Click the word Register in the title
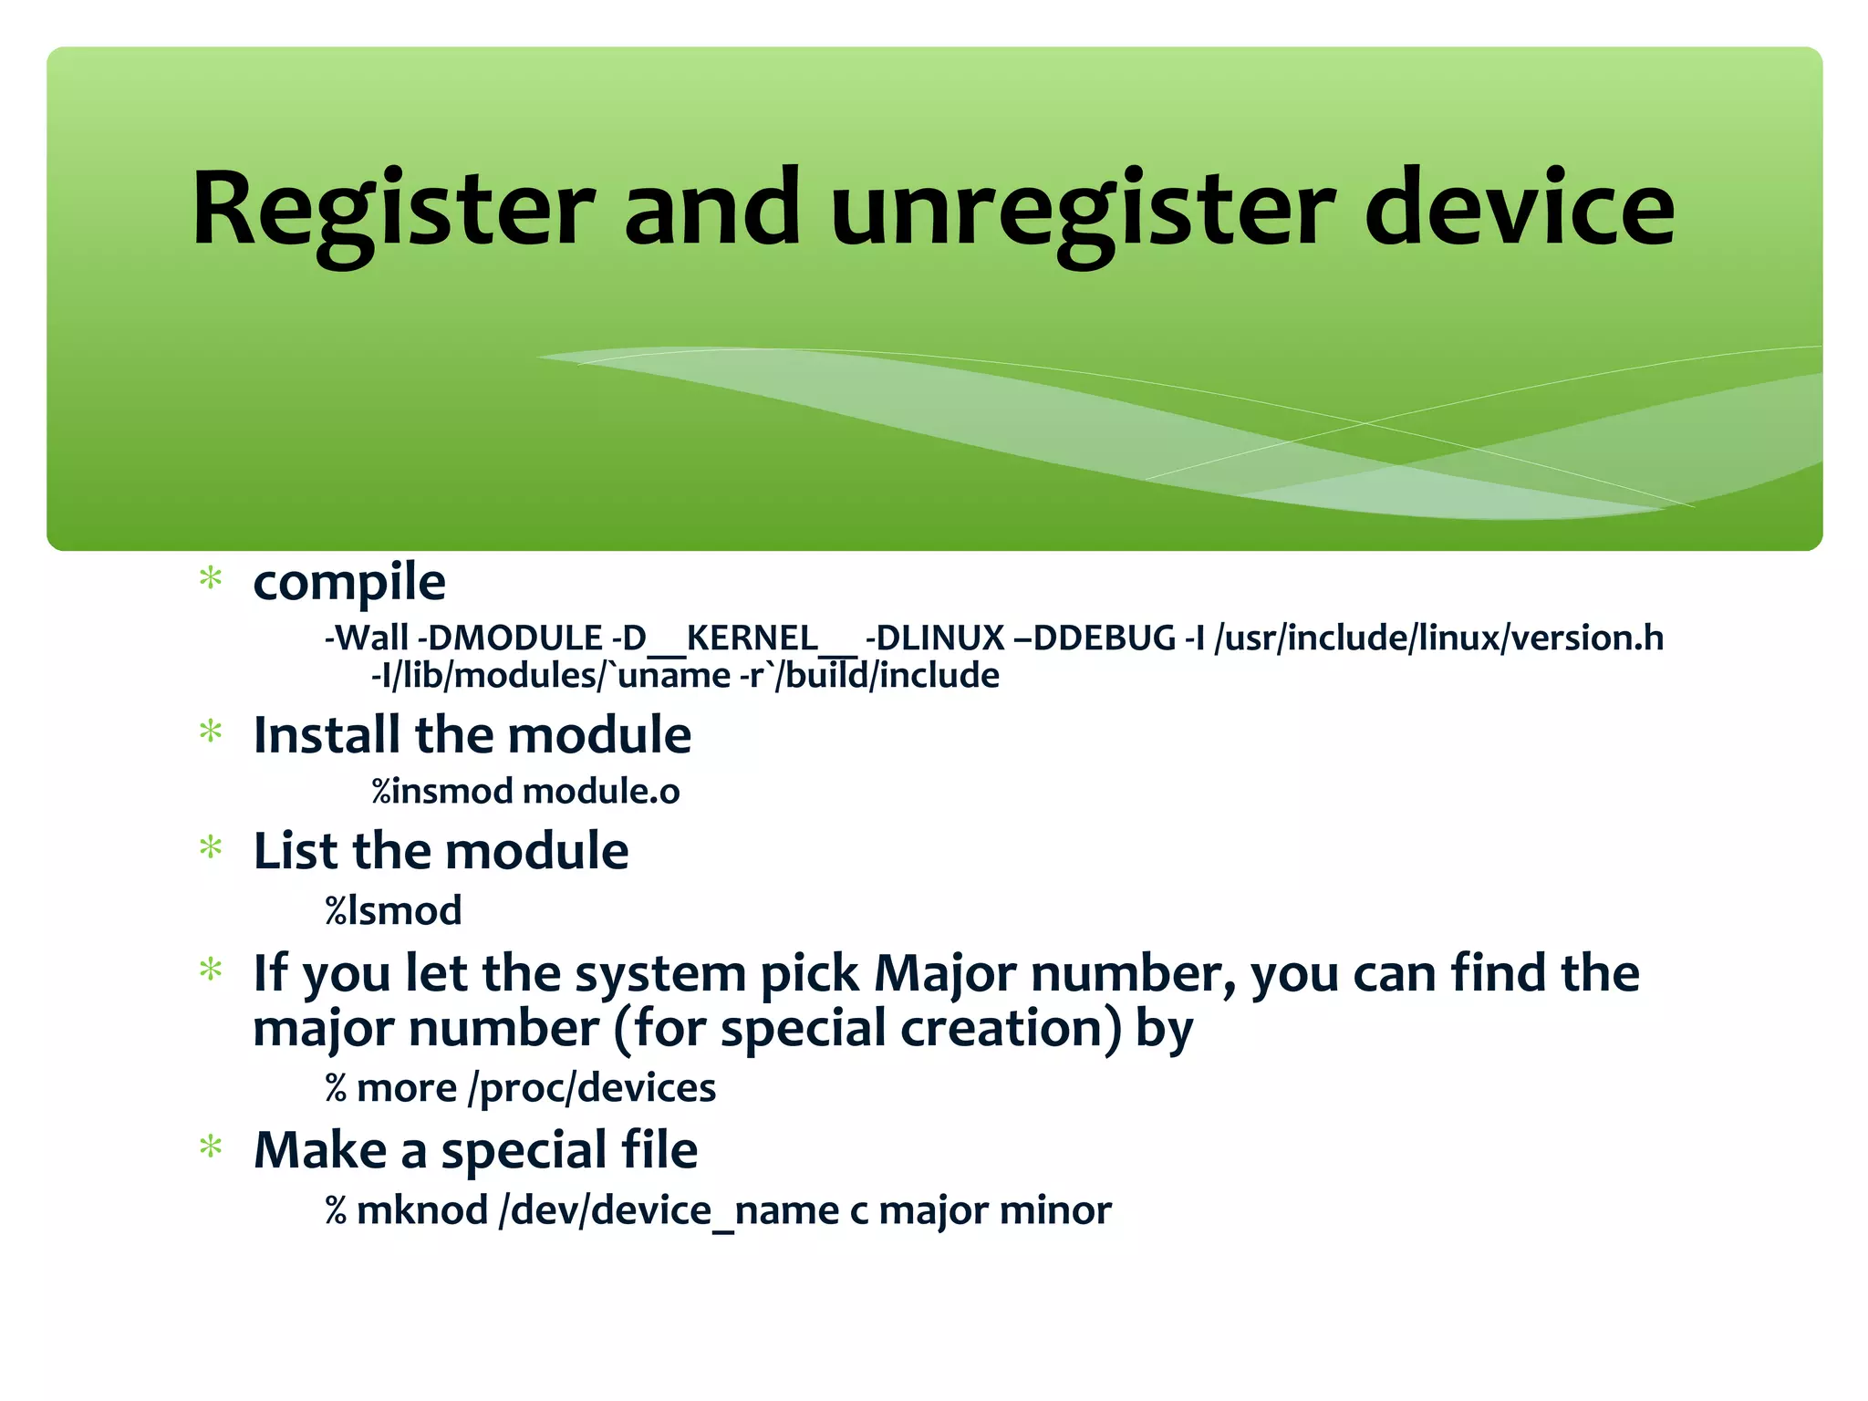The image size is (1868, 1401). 393,210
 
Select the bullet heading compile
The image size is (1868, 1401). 349,583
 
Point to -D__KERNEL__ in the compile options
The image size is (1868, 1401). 734,638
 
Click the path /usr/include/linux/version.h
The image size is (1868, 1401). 1438,638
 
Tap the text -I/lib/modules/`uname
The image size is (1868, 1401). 550,676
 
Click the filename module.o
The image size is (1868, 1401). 601,791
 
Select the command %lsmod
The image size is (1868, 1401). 393,910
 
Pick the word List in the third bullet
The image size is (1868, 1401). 296,851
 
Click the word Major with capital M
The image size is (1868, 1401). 945,974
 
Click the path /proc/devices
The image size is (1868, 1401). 592,1088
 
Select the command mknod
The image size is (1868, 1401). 422,1210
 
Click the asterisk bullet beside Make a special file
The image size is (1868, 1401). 211,1147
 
